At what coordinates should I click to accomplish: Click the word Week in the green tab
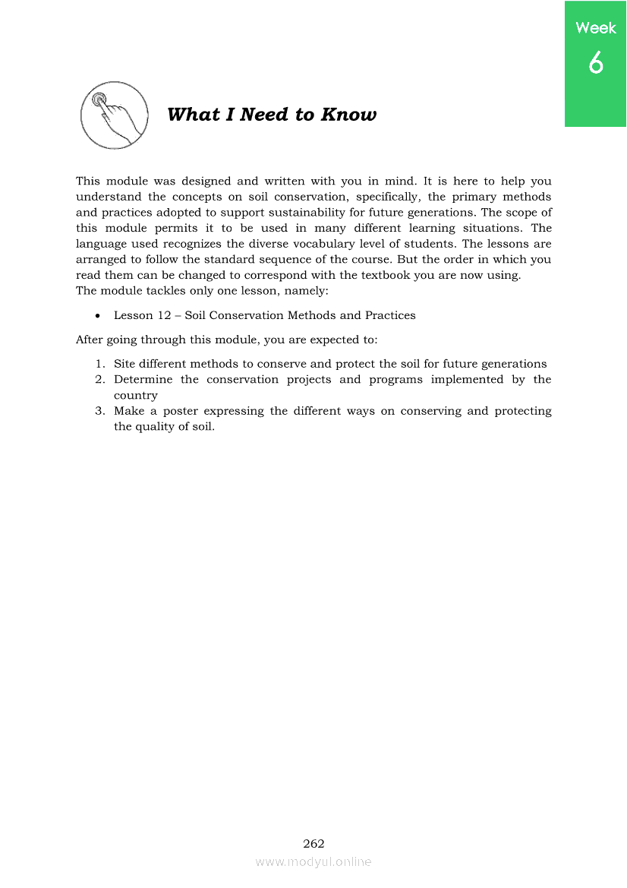[596, 28]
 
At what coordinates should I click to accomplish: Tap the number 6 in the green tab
[596, 62]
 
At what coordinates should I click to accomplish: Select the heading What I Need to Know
[272, 115]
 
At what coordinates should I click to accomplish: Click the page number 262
[313, 843]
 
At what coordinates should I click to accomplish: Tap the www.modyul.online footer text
[313, 861]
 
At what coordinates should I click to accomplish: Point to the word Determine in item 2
[143, 379]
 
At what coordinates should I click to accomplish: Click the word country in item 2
[136, 396]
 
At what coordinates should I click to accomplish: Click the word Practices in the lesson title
[390, 314]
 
